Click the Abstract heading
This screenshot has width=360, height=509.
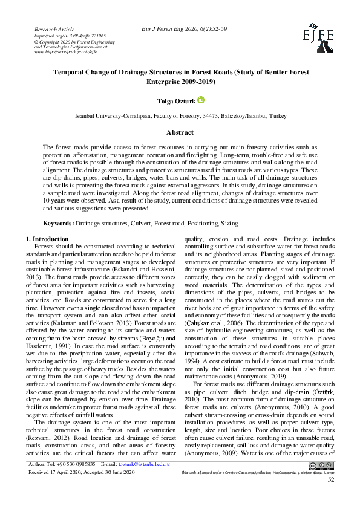pos(180,132)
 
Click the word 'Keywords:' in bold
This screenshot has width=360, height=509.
pos(59,223)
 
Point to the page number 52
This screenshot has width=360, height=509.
pos(330,496)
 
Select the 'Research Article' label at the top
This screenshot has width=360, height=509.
pos(55,29)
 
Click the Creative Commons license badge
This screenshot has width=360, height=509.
pos(320,481)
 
